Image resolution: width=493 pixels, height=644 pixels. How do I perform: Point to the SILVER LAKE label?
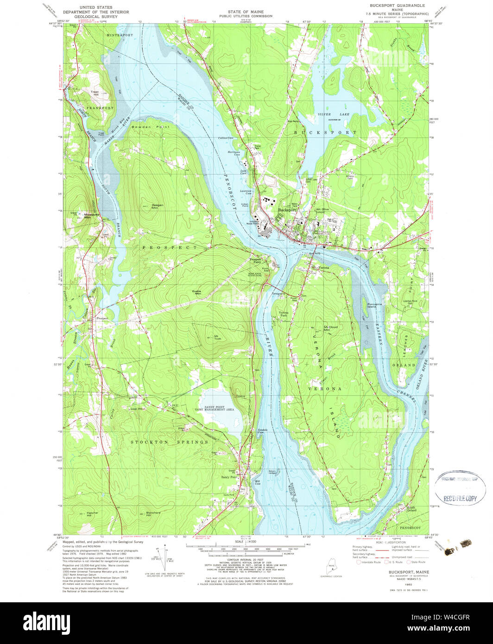[x=330, y=114]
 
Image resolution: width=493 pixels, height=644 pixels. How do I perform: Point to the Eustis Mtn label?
[x=199, y=291]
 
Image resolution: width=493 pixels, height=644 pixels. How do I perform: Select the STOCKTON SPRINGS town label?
[x=169, y=442]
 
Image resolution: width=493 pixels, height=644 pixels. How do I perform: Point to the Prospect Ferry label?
[x=256, y=261]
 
